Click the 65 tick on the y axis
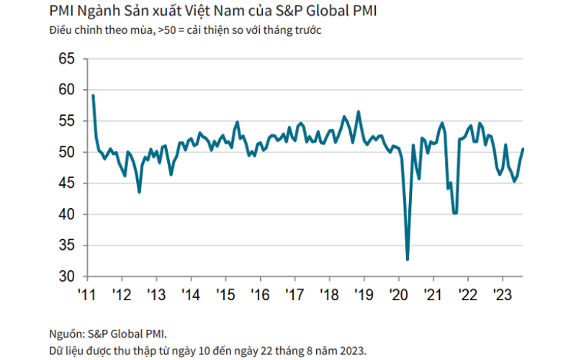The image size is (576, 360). [66, 59]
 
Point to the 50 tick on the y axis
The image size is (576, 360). [66, 152]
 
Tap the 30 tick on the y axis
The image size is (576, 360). [66, 276]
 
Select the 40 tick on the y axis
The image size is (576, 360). [66, 214]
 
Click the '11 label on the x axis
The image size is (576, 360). [86, 294]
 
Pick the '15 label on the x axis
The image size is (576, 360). [225, 294]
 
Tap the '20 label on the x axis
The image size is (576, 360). [399, 294]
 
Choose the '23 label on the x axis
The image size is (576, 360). [503, 294]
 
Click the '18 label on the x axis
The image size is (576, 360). [330, 294]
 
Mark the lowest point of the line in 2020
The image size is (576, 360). [408, 260]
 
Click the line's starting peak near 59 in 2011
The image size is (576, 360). [94, 96]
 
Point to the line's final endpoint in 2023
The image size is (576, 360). [523, 149]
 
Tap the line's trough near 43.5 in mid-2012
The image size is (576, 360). [139, 192]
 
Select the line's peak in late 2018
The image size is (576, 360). [359, 112]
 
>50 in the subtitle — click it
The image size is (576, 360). [167, 30]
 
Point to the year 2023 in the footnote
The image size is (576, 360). [353, 351]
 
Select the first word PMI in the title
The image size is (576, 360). [61, 11]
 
